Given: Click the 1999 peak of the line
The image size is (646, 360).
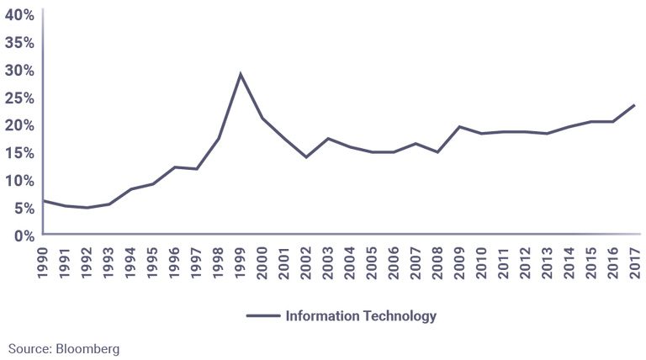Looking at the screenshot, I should (241, 74).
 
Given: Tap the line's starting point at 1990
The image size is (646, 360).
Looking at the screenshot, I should (44, 200).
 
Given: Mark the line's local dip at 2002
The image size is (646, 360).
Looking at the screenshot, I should (306, 157).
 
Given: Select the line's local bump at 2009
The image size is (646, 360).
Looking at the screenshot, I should (459, 127).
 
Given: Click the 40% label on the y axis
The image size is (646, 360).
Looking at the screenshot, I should (18, 15).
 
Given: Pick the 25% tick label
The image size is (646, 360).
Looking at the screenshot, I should (18, 98).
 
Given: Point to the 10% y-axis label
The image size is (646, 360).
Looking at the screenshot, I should (18, 181).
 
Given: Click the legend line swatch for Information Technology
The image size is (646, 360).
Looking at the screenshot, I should (262, 316).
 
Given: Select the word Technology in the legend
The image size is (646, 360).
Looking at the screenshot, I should (398, 316).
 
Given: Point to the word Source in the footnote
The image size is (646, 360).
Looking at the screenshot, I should (29, 347).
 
